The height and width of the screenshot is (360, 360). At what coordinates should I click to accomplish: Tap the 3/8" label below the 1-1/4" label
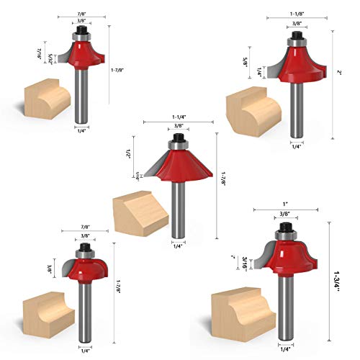point(176,127)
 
